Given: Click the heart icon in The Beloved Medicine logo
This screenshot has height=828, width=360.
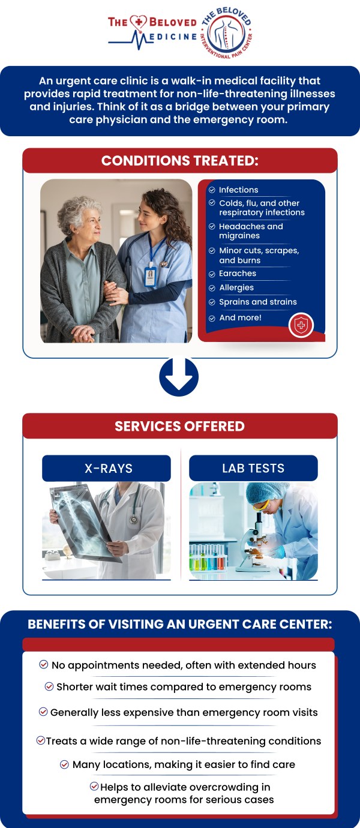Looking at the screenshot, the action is [139, 23].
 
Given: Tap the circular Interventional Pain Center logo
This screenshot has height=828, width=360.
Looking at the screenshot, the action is [227, 33].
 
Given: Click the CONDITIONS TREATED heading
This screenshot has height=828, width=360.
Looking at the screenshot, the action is [180, 161].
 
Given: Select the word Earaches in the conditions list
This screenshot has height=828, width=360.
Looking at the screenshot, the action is [237, 273].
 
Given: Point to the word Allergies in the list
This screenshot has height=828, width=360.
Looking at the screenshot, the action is [236, 287].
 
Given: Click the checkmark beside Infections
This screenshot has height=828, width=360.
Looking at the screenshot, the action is [212, 190].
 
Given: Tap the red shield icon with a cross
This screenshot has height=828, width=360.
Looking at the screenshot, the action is [301, 325].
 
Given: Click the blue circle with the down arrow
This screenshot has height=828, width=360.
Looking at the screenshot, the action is [179, 377].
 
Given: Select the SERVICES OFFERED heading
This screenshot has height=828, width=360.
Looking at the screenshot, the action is [179, 426].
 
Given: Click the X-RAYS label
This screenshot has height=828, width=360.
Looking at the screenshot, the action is [109, 469].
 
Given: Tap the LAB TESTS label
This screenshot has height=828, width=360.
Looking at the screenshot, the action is [253, 469].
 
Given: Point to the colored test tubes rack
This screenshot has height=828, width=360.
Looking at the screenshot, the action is [208, 557].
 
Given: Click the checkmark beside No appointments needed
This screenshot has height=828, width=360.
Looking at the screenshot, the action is [44, 664].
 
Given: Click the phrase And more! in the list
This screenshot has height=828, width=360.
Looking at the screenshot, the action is [240, 317].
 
